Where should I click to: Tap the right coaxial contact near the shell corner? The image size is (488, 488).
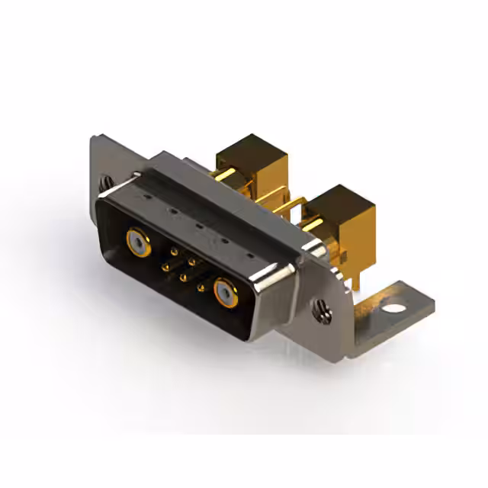(226, 293)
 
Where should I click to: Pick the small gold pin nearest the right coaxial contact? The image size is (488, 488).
(200, 287)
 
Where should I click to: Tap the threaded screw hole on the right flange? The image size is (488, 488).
(321, 309)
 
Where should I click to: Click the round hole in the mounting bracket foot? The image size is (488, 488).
(394, 310)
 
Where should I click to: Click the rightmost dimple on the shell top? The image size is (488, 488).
(251, 256)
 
